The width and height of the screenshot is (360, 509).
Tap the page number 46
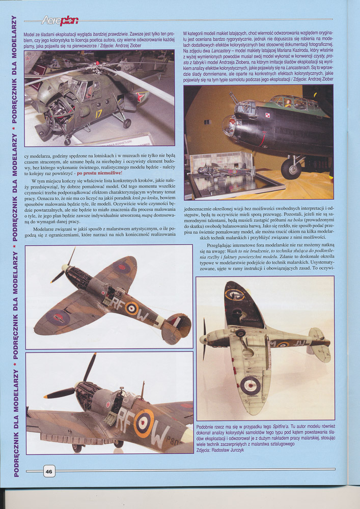point(49,471)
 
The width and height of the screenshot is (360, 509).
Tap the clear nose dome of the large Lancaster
point(229,126)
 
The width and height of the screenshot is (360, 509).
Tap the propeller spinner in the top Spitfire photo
point(65,267)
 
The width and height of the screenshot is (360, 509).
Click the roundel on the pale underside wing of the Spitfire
point(250,385)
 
